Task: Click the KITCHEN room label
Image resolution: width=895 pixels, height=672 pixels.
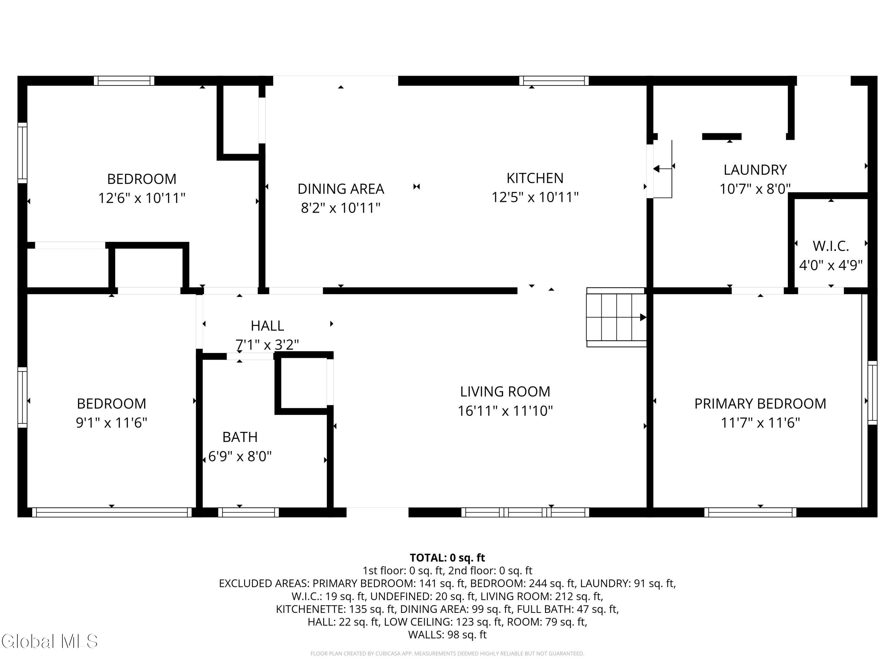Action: coord(535,178)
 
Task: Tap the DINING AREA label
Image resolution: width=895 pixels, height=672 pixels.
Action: coord(341,189)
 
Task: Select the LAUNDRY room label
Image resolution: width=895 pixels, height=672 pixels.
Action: coord(755,170)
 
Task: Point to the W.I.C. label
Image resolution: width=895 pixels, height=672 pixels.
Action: coord(831,246)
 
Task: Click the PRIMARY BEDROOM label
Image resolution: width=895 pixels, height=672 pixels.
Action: coord(760,403)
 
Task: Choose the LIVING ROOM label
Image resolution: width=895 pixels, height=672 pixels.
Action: coord(505,391)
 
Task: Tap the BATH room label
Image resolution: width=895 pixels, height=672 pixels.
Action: coord(240,437)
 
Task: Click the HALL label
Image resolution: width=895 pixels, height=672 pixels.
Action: coord(267,326)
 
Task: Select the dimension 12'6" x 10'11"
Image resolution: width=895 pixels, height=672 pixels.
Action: coord(142,198)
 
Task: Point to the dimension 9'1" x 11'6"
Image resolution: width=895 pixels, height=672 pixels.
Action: coord(111,423)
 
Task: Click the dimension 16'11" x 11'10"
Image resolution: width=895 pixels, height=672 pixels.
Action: coord(505,411)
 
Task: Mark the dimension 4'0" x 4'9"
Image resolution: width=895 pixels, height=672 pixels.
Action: coord(831,265)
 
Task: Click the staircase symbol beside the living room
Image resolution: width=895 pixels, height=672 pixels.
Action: coord(616,317)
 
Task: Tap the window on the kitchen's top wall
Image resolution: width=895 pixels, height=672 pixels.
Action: coord(554,81)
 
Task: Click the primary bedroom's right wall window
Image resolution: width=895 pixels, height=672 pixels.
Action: coord(872,392)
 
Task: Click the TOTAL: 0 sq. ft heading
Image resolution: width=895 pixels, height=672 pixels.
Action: coord(447,558)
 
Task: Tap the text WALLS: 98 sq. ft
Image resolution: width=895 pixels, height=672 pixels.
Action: coord(447,635)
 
